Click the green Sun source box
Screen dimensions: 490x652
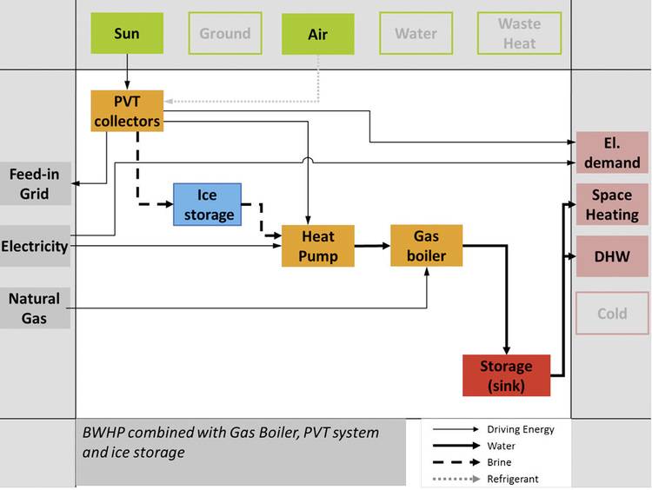(x=127, y=34)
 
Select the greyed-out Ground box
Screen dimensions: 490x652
(x=225, y=34)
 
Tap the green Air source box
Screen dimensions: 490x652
(x=318, y=34)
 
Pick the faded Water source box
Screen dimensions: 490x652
(x=416, y=34)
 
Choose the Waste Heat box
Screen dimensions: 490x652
(x=519, y=34)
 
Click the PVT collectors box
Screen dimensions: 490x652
(x=127, y=111)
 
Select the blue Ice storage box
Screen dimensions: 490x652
(x=207, y=204)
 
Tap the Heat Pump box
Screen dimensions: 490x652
(x=318, y=246)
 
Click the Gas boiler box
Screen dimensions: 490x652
(x=426, y=246)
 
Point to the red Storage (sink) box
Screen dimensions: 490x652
(x=506, y=375)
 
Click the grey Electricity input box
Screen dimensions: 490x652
(x=35, y=247)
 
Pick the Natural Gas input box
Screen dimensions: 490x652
(x=35, y=308)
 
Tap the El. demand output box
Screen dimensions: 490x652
(x=612, y=153)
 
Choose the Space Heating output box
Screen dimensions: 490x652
(x=612, y=205)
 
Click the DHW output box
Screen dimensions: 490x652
(x=612, y=257)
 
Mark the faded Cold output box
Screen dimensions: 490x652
(x=612, y=314)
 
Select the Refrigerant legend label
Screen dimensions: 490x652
(x=513, y=480)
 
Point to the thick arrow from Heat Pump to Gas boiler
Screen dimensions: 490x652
(x=371, y=246)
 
